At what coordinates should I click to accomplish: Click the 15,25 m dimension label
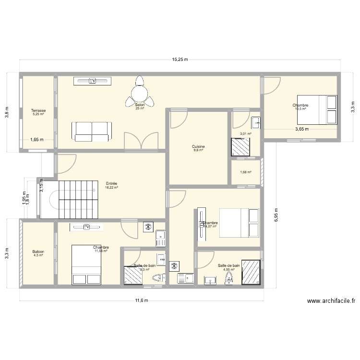point(180,60)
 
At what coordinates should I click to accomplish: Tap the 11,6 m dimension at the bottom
point(141,300)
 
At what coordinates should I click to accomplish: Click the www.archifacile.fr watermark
point(331,301)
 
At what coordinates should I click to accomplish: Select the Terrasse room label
point(38,110)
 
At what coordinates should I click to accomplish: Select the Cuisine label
point(198,146)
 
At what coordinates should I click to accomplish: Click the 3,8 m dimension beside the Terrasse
point(7,111)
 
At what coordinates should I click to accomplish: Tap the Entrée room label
point(111,183)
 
